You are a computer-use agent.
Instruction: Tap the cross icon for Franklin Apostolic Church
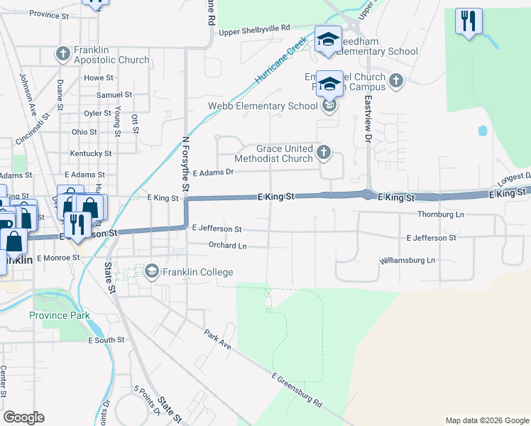click(x=62, y=53)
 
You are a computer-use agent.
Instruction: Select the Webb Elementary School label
click(x=263, y=106)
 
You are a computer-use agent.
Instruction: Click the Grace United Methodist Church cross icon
click(x=324, y=151)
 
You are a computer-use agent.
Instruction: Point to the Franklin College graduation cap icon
click(x=151, y=272)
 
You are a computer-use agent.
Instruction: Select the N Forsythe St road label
click(x=186, y=164)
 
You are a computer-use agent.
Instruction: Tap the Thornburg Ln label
click(x=440, y=214)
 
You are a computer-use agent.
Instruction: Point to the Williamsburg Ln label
click(x=407, y=261)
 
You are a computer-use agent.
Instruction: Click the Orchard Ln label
click(x=227, y=246)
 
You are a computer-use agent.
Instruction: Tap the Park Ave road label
click(x=218, y=339)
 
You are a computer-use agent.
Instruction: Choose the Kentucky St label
click(x=90, y=153)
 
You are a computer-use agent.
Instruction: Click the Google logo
click(x=24, y=417)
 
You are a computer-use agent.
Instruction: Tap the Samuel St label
click(x=114, y=94)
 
